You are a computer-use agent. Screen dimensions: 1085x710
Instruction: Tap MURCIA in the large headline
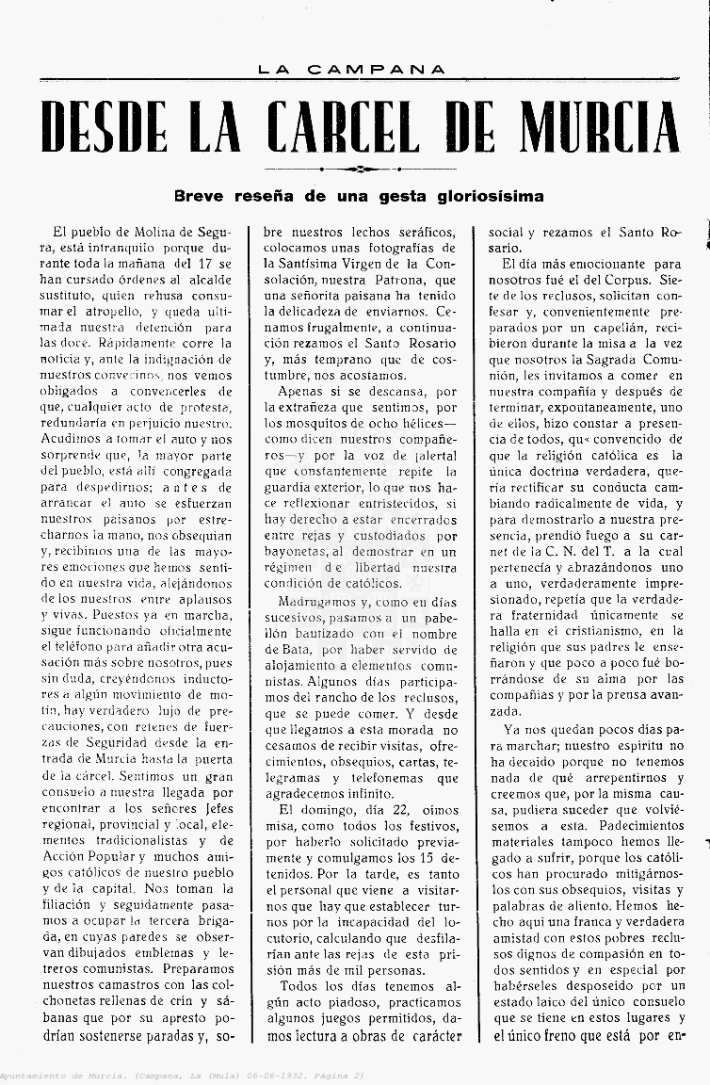click(592, 127)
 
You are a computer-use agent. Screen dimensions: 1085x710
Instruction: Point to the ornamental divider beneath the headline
click(355, 170)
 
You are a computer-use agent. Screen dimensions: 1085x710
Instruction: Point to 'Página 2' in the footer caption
click(333, 1077)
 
